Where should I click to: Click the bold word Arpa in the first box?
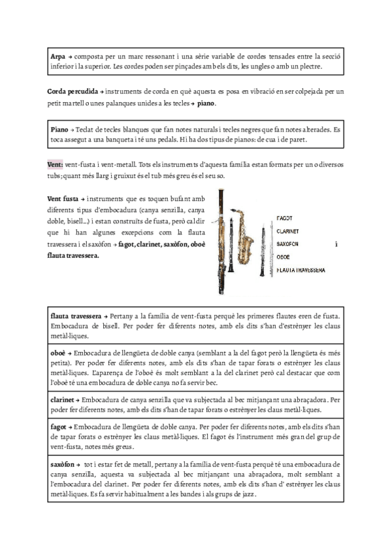click(x=57, y=58)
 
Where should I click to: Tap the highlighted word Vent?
click(x=54, y=164)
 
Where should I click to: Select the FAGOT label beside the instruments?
click(x=285, y=217)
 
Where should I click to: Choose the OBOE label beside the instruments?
click(x=284, y=257)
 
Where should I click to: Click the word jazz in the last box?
click(x=247, y=494)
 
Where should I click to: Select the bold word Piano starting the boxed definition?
click(x=59, y=129)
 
